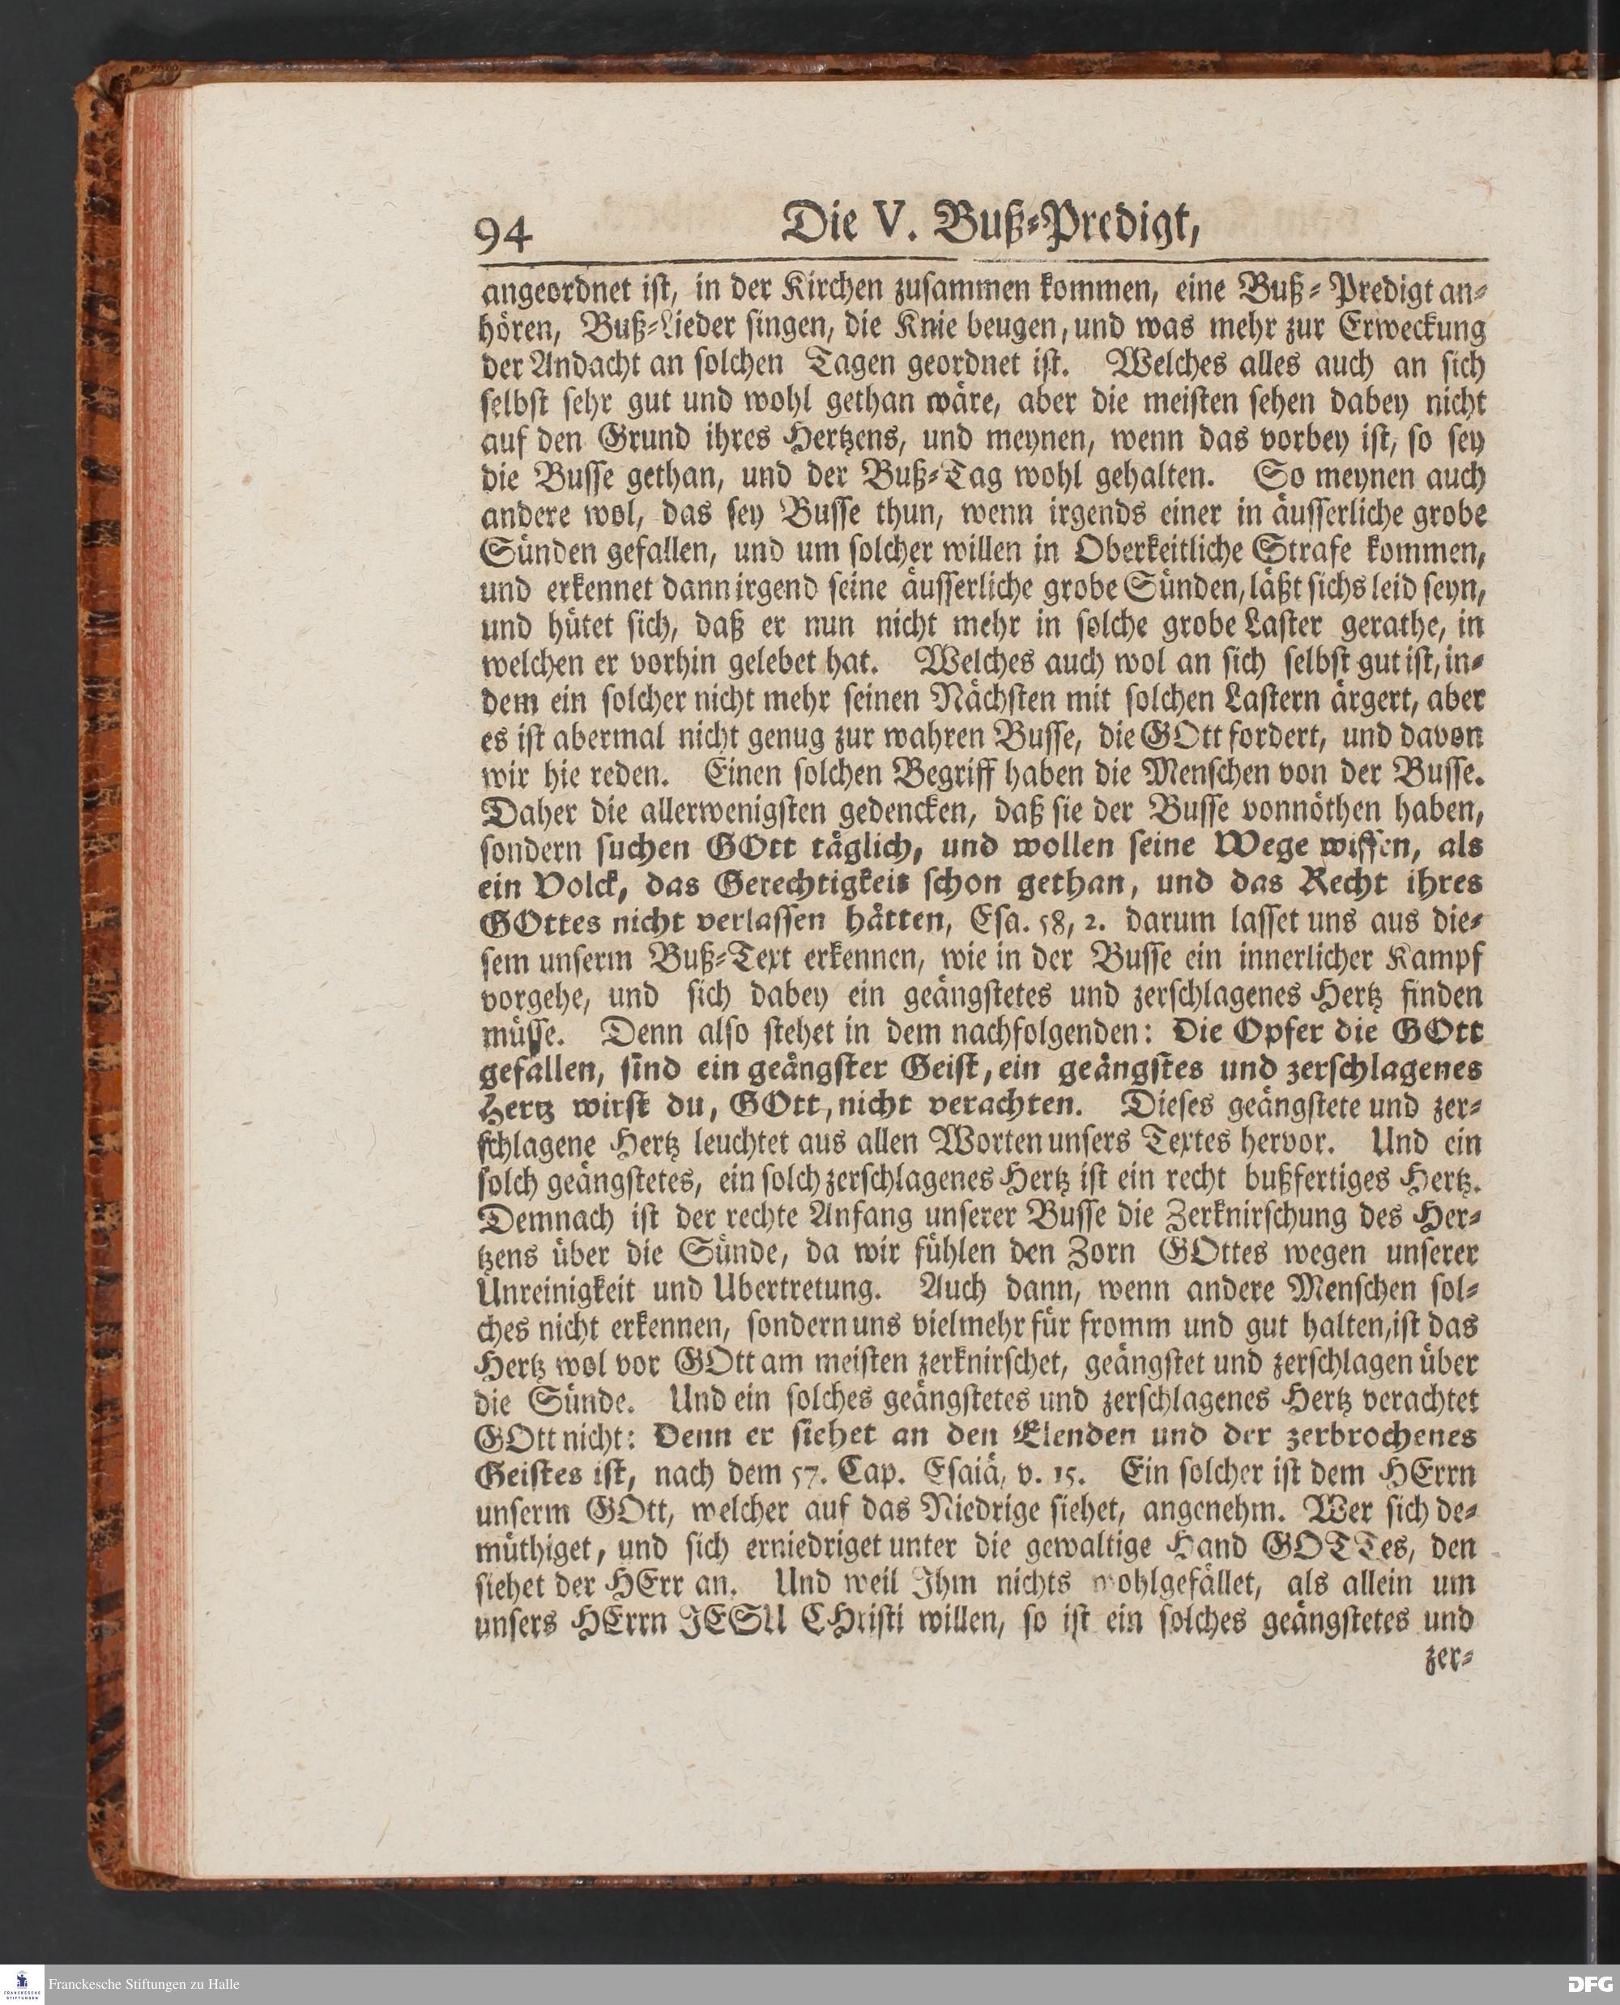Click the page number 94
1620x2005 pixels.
click(504, 234)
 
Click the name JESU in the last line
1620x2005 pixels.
click(717, 1621)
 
